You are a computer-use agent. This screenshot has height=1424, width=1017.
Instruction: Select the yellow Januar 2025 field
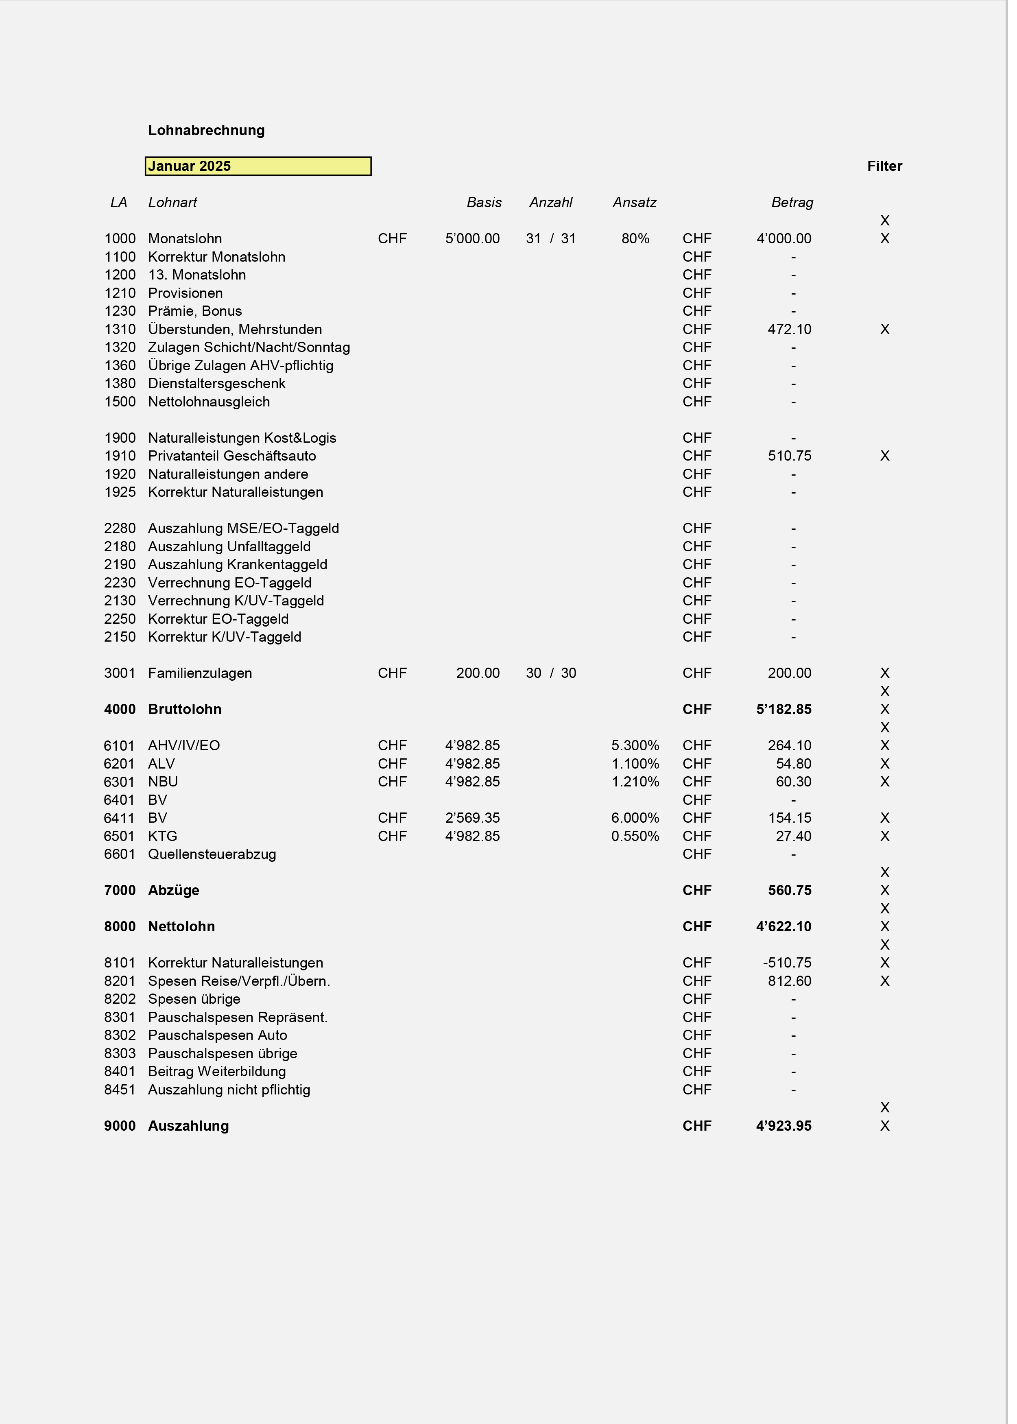[x=258, y=166]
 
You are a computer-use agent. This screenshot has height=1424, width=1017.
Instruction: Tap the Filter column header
[x=884, y=166]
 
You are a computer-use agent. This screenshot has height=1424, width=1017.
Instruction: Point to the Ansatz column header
[x=634, y=202]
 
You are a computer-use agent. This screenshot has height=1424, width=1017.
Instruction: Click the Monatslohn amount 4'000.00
[x=783, y=238]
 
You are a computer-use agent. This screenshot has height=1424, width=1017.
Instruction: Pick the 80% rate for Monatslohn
[x=635, y=238]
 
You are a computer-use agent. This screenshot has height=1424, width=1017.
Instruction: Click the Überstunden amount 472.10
[x=789, y=330]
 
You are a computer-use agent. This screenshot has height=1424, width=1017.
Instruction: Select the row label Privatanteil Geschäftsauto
[x=232, y=456]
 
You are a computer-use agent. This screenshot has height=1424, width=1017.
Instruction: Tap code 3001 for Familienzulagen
[x=120, y=673]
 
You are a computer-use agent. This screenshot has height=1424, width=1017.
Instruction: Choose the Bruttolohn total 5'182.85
[x=783, y=710]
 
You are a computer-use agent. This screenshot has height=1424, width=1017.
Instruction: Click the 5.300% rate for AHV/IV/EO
[x=635, y=746]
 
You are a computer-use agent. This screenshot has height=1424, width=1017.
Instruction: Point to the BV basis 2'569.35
[x=472, y=818]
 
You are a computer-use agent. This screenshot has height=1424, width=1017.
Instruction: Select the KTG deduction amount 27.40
[x=793, y=836]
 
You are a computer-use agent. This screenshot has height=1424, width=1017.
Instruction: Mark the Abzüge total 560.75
[x=789, y=891]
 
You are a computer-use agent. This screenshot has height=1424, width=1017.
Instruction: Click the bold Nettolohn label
[x=181, y=927]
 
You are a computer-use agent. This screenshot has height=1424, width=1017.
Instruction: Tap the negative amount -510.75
[x=786, y=963]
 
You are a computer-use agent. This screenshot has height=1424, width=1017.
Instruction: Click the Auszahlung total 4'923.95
[x=783, y=1126]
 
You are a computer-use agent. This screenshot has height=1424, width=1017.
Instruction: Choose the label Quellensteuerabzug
[x=212, y=854]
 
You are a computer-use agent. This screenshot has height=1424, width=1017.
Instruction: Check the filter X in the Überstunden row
[x=884, y=330]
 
